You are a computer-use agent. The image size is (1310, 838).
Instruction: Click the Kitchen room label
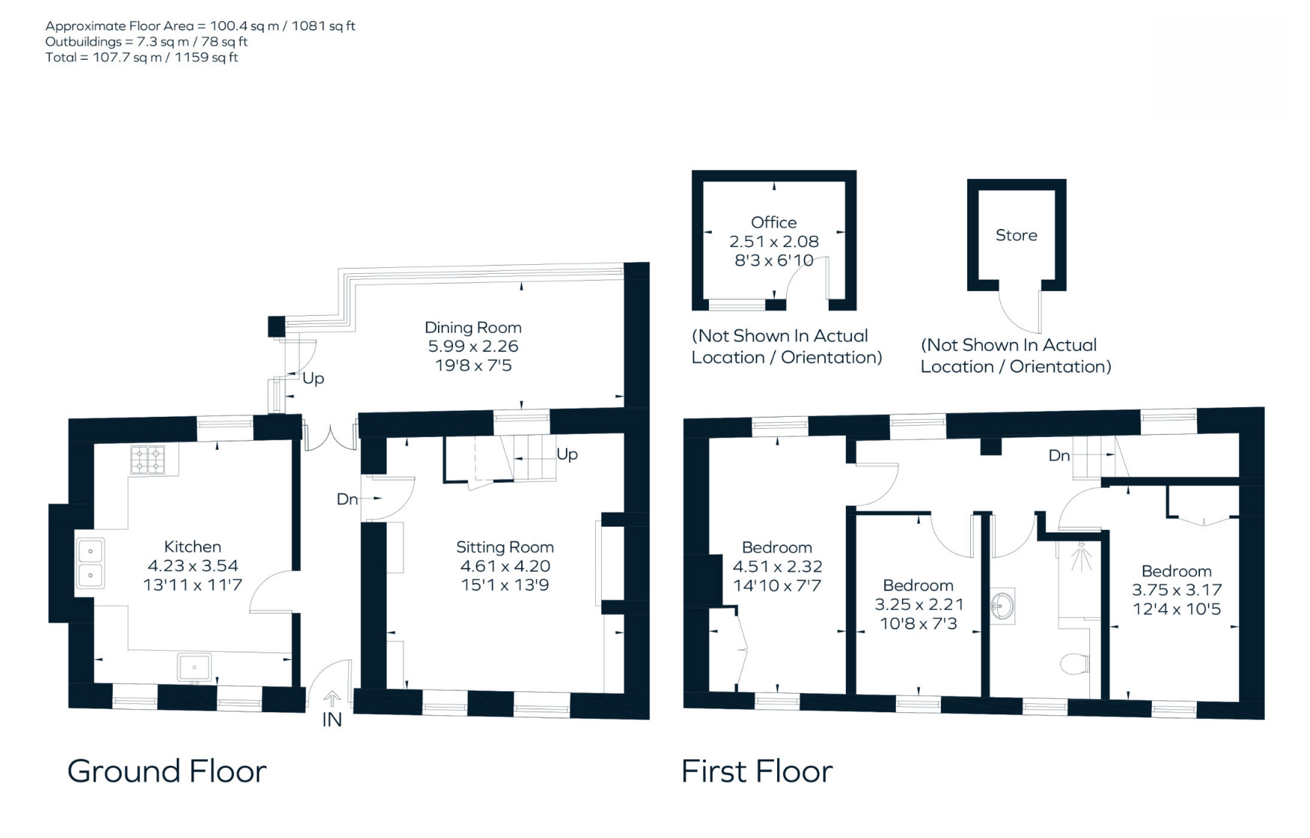(x=192, y=546)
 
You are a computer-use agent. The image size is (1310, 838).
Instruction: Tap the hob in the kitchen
(x=147, y=460)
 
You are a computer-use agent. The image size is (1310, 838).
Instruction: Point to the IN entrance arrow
(x=332, y=699)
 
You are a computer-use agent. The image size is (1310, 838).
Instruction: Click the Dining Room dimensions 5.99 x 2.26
(x=473, y=346)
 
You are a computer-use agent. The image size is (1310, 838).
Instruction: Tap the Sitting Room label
(x=505, y=547)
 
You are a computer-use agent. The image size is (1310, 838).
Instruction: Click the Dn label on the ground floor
(x=347, y=499)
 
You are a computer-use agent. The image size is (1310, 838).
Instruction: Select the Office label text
(x=774, y=222)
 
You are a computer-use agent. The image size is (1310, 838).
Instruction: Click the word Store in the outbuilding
(x=1017, y=235)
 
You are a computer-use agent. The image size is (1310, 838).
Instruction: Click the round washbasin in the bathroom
(x=1002, y=606)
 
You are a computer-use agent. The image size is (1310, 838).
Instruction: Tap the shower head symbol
(x=1081, y=558)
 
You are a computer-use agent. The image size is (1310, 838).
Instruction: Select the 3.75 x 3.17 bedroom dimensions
(x=1177, y=590)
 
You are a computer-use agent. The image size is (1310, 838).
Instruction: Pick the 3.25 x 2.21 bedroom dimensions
(x=919, y=604)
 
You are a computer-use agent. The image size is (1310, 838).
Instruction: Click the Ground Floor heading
(x=167, y=771)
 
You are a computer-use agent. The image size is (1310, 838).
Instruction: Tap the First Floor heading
(x=757, y=771)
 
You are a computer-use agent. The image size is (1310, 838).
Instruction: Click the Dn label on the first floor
(x=1059, y=456)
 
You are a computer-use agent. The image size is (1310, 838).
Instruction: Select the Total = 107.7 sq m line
(x=141, y=58)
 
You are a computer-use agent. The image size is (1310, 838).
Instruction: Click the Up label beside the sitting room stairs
(x=567, y=454)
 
